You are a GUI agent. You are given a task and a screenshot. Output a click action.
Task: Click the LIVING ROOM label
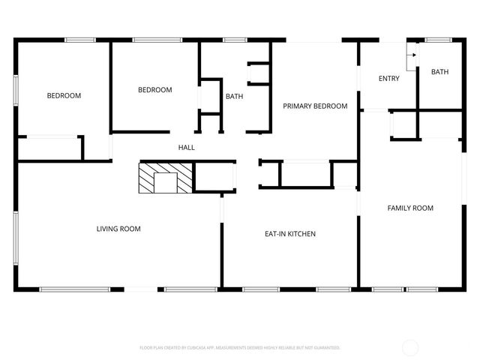point(118,229)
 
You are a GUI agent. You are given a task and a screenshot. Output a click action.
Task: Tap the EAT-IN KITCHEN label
point(290,234)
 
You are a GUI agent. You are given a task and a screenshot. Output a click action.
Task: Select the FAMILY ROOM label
point(410,208)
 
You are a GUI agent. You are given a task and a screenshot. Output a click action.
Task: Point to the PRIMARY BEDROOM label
point(315,106)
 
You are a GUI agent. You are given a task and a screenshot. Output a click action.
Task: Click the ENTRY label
point(389,79)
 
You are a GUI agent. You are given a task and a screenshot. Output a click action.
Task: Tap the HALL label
point(186,148)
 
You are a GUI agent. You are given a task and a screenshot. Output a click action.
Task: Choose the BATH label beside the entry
point(439,72)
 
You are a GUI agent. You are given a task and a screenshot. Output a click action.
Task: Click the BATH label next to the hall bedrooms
point(235,96)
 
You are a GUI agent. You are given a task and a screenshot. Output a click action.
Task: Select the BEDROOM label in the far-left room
point(64,96)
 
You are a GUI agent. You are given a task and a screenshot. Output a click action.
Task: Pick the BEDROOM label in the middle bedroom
point(155,90)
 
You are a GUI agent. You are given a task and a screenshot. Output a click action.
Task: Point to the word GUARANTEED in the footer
point(323,348)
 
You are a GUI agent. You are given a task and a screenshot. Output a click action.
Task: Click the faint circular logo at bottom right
point(410,347)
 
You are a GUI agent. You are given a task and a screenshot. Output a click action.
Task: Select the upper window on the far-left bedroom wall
point(15,86)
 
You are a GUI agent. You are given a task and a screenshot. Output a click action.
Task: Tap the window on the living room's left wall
point(15,236)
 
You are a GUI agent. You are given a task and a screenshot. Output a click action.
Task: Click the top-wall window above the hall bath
point(235,40)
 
